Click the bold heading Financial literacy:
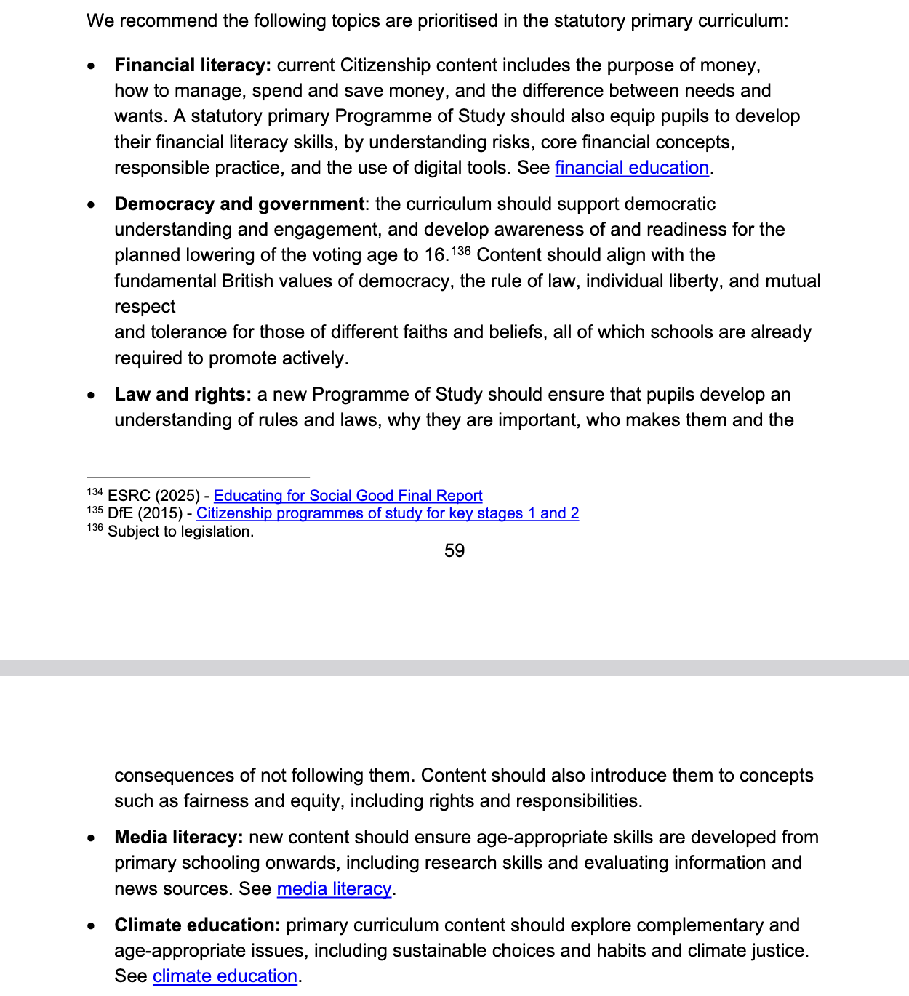click(x=193, y=65)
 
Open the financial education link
click(x=632, y=168)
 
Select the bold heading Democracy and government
click(x=239, y=204)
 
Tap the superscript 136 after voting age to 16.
click(x=461, y=252)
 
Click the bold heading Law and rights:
click(x=183, y=395)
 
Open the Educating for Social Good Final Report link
click(x=348, y=496)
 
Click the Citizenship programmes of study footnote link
click(x=388, y=513)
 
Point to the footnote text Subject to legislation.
click(x=180, y=531)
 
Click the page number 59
click(x=454, y=551)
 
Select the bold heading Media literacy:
click(x=179, y=838)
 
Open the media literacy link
click(x=335, y=889)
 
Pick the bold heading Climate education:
click(x=197, y=925)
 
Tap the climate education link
click(x=225, y=976)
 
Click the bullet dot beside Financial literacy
click(x=91, y=66)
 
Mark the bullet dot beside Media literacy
click(x=91, y=838)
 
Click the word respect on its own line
click(x=145, y=307)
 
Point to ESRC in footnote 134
click(x=129, y=496)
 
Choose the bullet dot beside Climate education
click(x=91, y=926)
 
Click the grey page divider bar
click(x=454, y=668)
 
